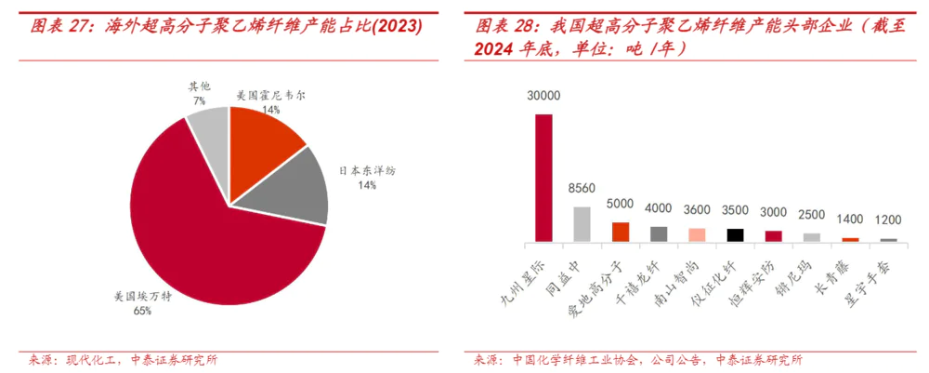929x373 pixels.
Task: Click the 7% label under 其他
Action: tap(200, 100)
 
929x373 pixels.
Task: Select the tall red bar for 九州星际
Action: tap(543, 178)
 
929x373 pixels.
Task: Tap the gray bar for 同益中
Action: tap(582, 224)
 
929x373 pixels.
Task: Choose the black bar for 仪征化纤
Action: tap(736, 235)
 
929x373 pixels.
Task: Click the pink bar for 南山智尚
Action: tap(697, 234)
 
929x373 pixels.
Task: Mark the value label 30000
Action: tap(543, 96)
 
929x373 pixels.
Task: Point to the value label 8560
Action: tap(582, 188)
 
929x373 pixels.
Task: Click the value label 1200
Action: tap(889, 221)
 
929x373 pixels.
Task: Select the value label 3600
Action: tap(697, 209)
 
